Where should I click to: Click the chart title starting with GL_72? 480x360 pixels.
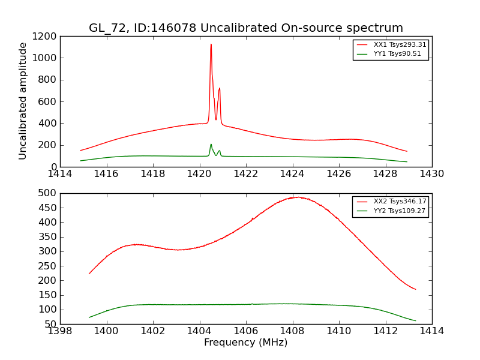[x=246, y=28]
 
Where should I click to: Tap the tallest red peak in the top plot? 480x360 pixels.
[x=211, y=44]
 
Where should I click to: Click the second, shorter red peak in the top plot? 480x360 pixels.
[x=220, y=89]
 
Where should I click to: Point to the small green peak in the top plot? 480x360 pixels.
[x=211, y=145]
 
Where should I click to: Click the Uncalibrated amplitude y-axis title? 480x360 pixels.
[x=23, y=101]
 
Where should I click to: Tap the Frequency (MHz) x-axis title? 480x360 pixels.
[x=246, y=343]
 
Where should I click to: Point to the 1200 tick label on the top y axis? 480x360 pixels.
[x=45, y=36]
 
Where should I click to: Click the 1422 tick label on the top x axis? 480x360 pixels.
[x=246, y=174]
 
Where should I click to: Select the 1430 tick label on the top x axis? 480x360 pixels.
[x=432, y=174]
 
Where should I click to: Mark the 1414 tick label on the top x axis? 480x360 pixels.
[x=60, y=174]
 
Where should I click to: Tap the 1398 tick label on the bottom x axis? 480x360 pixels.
[x=60, y=331]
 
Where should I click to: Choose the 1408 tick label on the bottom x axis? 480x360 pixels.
[x=293, y=331]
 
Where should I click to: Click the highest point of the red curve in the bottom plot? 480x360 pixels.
[x=297, y=197]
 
